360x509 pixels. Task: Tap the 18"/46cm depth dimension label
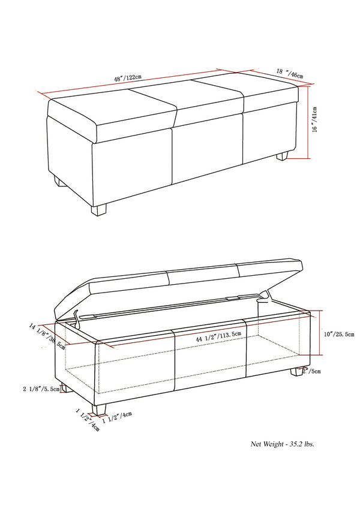click(289, 73)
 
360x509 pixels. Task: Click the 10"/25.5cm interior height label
click(337, 334)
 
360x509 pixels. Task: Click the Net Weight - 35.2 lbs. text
click(282, 444)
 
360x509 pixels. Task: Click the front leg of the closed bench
click(99, 209)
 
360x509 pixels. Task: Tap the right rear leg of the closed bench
click(282, 156)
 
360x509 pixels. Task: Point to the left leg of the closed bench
click(58, 181)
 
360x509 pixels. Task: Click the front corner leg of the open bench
click(100, 409)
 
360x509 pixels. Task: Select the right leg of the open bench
click(297, 372)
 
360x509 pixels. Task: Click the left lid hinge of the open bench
click(76, 315)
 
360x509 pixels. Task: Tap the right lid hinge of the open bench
click(264, 296)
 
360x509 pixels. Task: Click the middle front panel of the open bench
click(210, 360)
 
